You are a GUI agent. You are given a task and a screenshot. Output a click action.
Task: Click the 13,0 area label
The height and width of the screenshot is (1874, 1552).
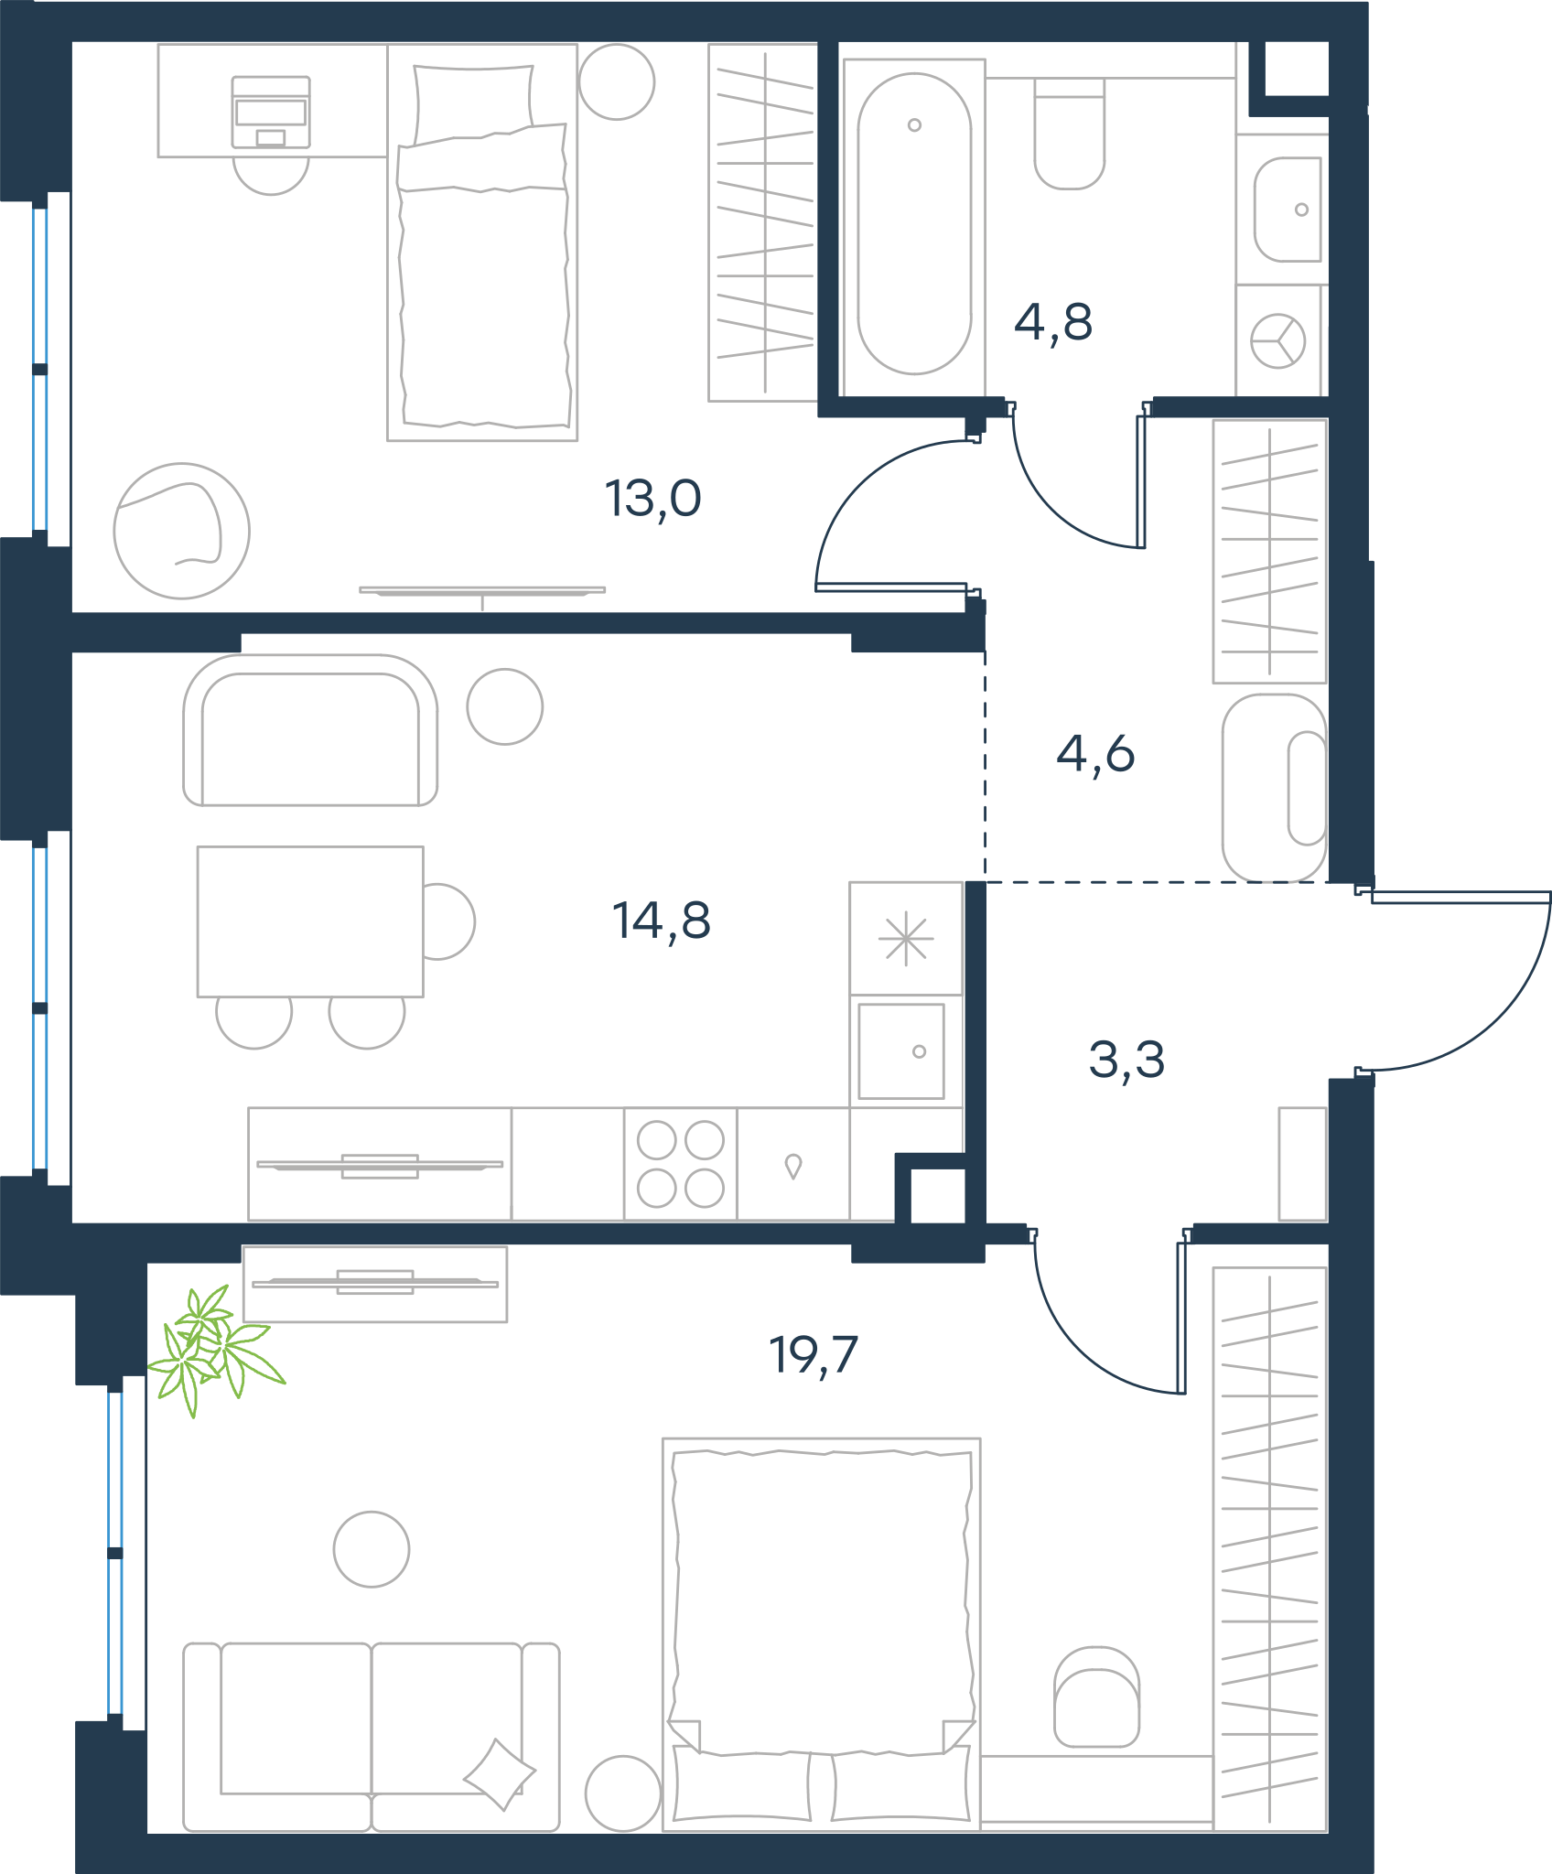pyautogui.click(x=652, y=499)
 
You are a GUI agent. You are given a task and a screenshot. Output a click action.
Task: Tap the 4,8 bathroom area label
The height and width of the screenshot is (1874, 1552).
pyautogui.click(x=1053, y=322)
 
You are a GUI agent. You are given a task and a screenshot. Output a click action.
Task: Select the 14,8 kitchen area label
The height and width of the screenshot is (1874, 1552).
pyautogui.click(x=661, y=921)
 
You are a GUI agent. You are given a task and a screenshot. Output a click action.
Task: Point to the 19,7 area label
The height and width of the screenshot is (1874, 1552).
pyautogui.click(x=814, y=1355)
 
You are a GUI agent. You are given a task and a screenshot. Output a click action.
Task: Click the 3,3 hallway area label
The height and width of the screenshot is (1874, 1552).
pyautogui.click(x=1126, y=1060)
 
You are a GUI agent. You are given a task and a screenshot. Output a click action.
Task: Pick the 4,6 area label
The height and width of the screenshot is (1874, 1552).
pyautogui.click(x=1095, y=753)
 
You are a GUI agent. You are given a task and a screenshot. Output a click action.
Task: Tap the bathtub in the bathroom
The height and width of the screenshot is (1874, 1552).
pyautogui.click(x=914, y=224)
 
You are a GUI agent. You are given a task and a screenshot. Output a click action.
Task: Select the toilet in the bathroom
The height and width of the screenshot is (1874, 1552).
pyautogui.click(x=1070, y=134)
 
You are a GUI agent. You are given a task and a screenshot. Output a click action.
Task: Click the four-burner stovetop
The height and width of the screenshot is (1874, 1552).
pyautogui.click(x=681, y=1164)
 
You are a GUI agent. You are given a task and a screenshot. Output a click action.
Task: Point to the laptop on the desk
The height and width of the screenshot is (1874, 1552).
pyautogui.click(x=271, y=112)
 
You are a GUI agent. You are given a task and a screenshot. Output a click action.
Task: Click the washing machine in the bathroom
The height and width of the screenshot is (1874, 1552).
pyautogui.click(x=1278, y=340)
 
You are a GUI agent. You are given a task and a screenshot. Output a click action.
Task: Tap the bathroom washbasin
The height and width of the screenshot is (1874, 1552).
pyautogui.click(x=1288, y=210)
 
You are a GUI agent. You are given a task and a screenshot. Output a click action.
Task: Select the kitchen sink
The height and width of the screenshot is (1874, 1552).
pyautogui.click(x=901, y=1050)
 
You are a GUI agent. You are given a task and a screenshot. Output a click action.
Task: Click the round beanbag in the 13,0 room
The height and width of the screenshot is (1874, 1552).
pyautogui.click(x=182, y=531)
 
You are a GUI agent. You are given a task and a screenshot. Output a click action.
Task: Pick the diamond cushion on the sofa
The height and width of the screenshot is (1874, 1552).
pyautogui.click(x=500, y=1774)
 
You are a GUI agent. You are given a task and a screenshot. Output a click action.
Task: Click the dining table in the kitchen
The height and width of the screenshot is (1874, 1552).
pyautogui.click(x=310, y=921)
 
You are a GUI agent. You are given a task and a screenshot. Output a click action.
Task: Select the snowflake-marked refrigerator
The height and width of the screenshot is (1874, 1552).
pyautogui.click(x=906, y=939)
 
